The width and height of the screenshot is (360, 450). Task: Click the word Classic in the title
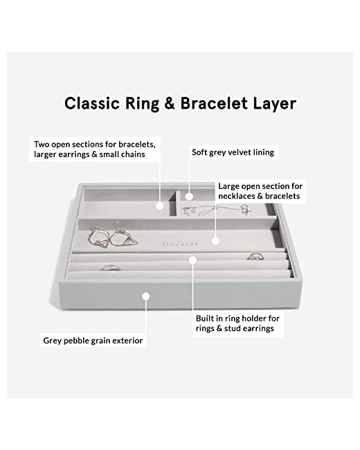pyautogui.click(x=92, y=103)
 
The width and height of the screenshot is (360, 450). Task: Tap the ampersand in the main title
pyautogui.click(x=170, y=103)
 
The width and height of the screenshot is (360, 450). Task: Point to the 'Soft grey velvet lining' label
pyautogui.click(x=233, y=152)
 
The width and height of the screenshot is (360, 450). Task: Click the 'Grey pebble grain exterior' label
pyautogui.click(x=93, y=341)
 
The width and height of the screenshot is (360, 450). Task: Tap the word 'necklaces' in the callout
pyautogui.click(x=237, y=196)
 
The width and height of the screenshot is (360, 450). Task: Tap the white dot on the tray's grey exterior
pyautogui.click(x=146, y=296)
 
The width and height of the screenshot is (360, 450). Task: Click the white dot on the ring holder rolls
pyautogui.click(x=193, y=260)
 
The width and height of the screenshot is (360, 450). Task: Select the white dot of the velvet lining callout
pyautogui.click(x=189, y=197)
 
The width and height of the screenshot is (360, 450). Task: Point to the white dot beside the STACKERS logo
pyautogui.click(x=216, y=241)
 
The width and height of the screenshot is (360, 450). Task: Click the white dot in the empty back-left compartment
pyautogui.click(x=160, y=206)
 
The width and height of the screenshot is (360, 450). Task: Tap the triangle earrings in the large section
pyautogui.click(x=113, y=238)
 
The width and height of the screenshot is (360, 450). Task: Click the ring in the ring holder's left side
pyautogui.click(x=110, y=268)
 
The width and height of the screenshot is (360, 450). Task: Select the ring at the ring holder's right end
pyautogui.click(x=255, y=256)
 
